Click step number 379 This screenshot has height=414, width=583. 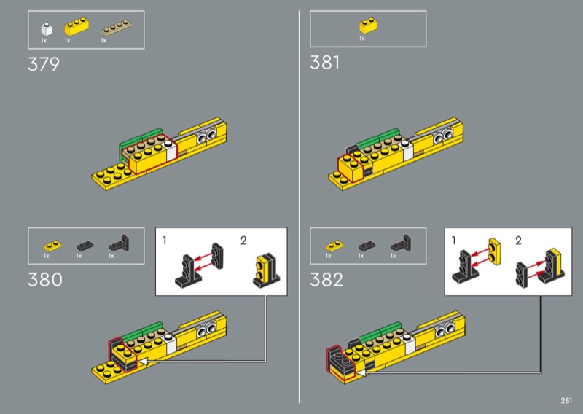point(44,64)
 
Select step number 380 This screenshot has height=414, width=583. point(45,280)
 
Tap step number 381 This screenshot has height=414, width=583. point(324,63)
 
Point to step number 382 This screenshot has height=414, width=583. point(326,280)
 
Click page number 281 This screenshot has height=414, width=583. point(566,400)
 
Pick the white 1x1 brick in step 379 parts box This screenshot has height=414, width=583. point(47,29)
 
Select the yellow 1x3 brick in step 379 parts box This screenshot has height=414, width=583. point(77,28)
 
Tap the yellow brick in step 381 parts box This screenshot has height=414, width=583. point(369,26)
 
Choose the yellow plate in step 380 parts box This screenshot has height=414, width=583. point(52,246)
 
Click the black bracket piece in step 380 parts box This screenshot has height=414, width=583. point(119,243)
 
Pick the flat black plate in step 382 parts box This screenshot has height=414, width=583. point(367,246)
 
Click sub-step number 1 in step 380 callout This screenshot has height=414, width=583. point(165,241)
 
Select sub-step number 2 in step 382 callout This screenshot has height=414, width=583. point(518,241)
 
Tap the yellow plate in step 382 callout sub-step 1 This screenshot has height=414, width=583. point(495,251)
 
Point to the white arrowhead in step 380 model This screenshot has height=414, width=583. point(143,362)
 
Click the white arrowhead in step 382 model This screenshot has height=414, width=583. point(361,372)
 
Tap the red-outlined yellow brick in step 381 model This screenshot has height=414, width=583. point(351,169)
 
